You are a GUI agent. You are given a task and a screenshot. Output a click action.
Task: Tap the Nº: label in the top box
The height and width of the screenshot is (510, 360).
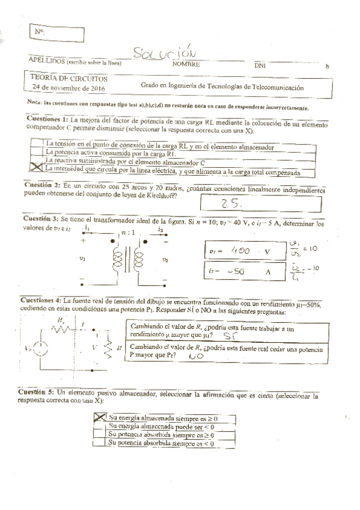(40, 31)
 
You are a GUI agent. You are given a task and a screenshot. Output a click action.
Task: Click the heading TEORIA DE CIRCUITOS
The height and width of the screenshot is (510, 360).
(70, 78)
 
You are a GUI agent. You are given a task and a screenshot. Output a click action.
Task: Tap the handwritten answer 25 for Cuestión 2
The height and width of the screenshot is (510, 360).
(230, 204)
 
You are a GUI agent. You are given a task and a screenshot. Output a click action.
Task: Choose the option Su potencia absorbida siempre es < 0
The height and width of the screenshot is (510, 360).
(163, 442)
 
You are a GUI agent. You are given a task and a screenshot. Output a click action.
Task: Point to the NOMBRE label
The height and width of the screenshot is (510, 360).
(186, 64)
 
